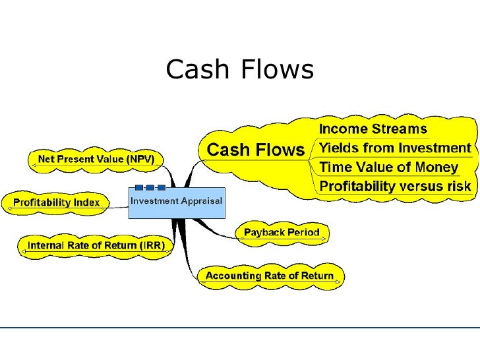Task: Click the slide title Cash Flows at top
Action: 239,69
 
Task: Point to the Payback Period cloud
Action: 282,232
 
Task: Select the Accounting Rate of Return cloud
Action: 270,276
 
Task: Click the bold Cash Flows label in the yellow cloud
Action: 256,150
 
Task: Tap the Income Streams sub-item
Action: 373,129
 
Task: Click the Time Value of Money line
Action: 388,167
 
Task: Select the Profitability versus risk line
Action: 395,187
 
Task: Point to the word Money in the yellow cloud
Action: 435,167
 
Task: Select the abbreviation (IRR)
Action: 151,246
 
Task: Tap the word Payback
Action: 264,232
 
